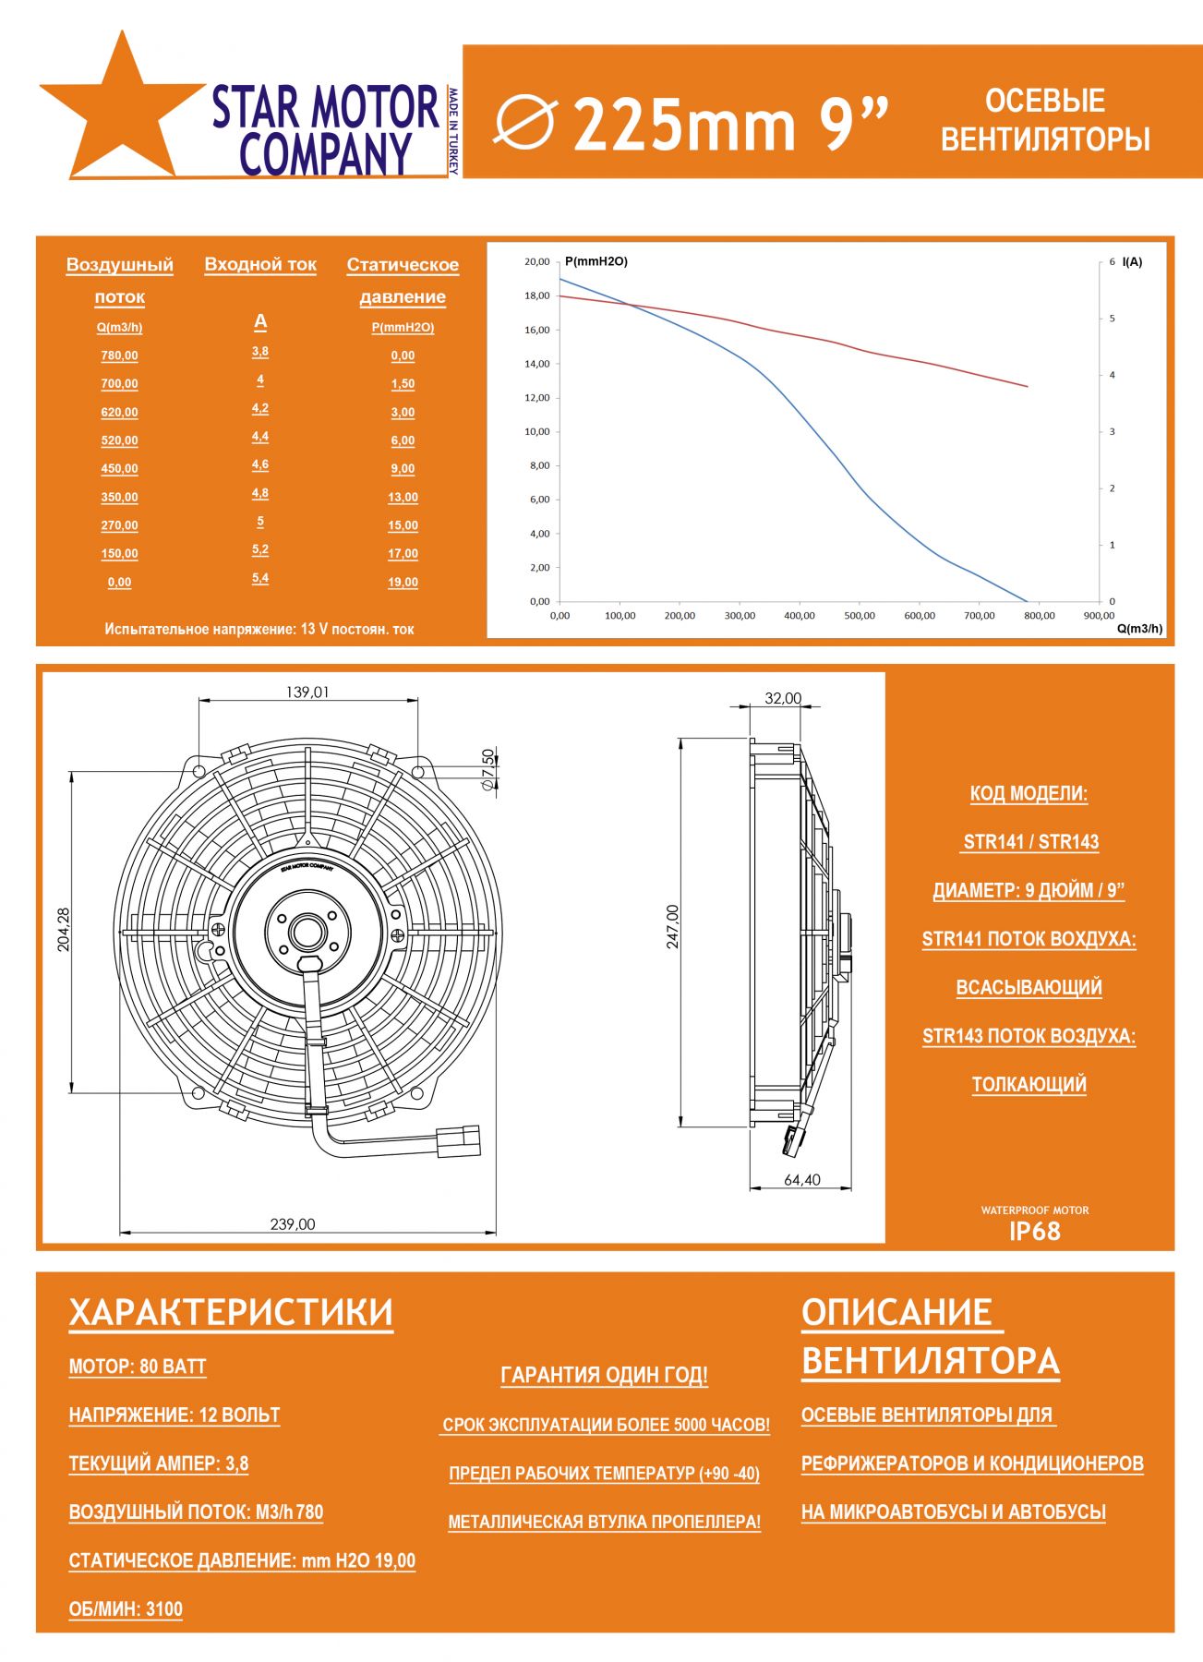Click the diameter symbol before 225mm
tap(525, 122)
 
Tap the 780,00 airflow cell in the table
tap(119, 355)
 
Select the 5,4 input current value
tap(260, 578)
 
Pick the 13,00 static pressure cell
tap(403, 498)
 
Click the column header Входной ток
tap(260, 265)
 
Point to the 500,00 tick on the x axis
tap(860, 616)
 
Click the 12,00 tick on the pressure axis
tap(536, 398)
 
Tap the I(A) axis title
tap(1132, 262)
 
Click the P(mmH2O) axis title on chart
tap(596, 262)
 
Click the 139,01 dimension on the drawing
tap(307, 692)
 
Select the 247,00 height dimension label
tap(672, 926)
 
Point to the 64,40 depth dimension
tap(802, 1180)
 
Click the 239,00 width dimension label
tap(293, 1224)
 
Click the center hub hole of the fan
tap(307, 933)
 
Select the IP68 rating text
tap(1034, 1231)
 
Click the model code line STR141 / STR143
tap(1030, 842)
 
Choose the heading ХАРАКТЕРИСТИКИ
tap(231, 1313)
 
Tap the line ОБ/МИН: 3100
tap(126, 1609)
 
